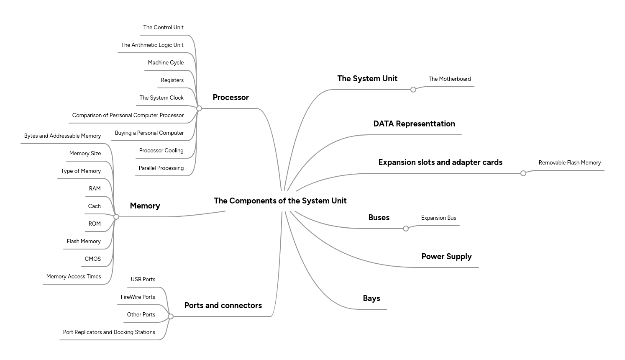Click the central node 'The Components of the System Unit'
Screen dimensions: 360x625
pyautogui.click(x=280, y=201)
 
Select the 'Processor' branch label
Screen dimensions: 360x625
pyautogui.click(x=231, y=98)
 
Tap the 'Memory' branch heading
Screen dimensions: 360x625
pyautogui.click(x=145, y=206)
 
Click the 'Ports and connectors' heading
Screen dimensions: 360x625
pyautogui.click(x=223, y=306)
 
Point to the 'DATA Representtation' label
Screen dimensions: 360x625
pyautogui.click(x=414, y=124)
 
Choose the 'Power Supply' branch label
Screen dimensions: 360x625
pyautogui.click(x=446, y=257)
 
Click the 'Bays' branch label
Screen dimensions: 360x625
pyautogui.click(x=371, y=298)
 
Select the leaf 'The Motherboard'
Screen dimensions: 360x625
pyautogui.click(x=449, y=79)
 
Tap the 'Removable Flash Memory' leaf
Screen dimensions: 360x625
pyautogui.click(x=569, y=163)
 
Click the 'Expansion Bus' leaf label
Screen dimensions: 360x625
pyautogui.click(x=438, y=218)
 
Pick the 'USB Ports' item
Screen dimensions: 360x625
pyautogui.click(x=143, y=280)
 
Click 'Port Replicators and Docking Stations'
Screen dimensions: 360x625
pyautogui.click(x=109, y=332)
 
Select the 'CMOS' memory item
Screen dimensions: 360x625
pyautogui.click(x=92, y=259)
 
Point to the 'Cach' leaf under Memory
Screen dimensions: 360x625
pyautogui.click(x=94, y=206)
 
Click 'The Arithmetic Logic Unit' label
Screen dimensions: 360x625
pyautogui.click(x=152, y=45)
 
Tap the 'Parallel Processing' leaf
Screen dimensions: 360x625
pyautogui.click(x=161, y=168)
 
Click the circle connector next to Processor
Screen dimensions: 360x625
pyautogui.click(x=199, y=108)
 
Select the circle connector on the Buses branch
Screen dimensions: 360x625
pyautogui.click(x=405, y=229)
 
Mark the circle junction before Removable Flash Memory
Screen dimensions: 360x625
pyautogui.click(x=523, y=173)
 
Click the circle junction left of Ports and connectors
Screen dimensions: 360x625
pyautogui.click(x=170, y=316)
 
